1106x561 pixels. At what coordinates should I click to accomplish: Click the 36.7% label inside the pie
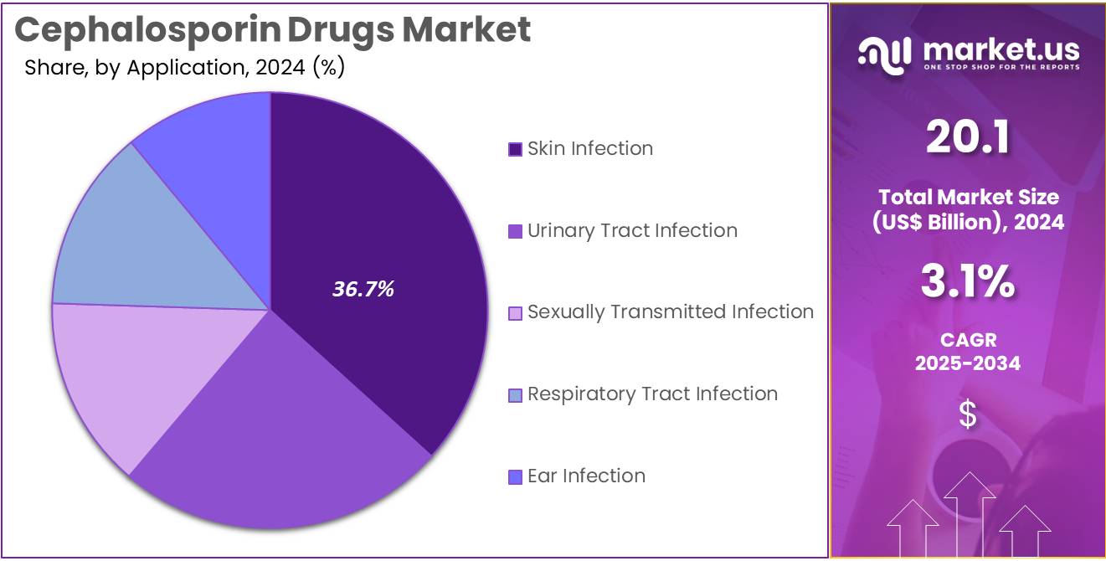coord(363,290)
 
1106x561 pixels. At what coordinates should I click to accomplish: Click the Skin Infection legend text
coord(589,149)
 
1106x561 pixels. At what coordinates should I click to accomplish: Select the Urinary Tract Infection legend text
coord(632,231)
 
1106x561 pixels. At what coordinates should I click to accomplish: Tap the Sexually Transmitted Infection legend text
coord(670,312)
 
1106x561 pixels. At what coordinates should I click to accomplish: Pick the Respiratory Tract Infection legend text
coord(652,394)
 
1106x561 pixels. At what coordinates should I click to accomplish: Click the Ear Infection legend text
coord(586,476)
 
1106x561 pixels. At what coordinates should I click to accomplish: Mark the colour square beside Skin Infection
coord(516,150)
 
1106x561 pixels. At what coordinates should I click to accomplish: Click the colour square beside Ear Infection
coord(516,477)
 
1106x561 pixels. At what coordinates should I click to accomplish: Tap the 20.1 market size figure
coord(967,137)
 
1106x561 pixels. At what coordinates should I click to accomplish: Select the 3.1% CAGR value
coord(967,283)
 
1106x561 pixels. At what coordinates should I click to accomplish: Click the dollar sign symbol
coord(967,414)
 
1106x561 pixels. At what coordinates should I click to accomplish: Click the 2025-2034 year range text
coord(967,363)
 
